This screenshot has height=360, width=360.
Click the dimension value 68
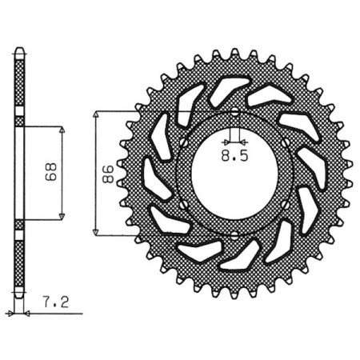click(x=49, y=173)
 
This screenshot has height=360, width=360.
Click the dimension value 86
click(x=104, y=172)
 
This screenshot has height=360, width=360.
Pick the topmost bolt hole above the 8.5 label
click(x=233, y=110)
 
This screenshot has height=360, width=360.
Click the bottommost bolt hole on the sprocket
click(x=233, y=234)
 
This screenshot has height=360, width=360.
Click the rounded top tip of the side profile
click(x=20, y=52)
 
